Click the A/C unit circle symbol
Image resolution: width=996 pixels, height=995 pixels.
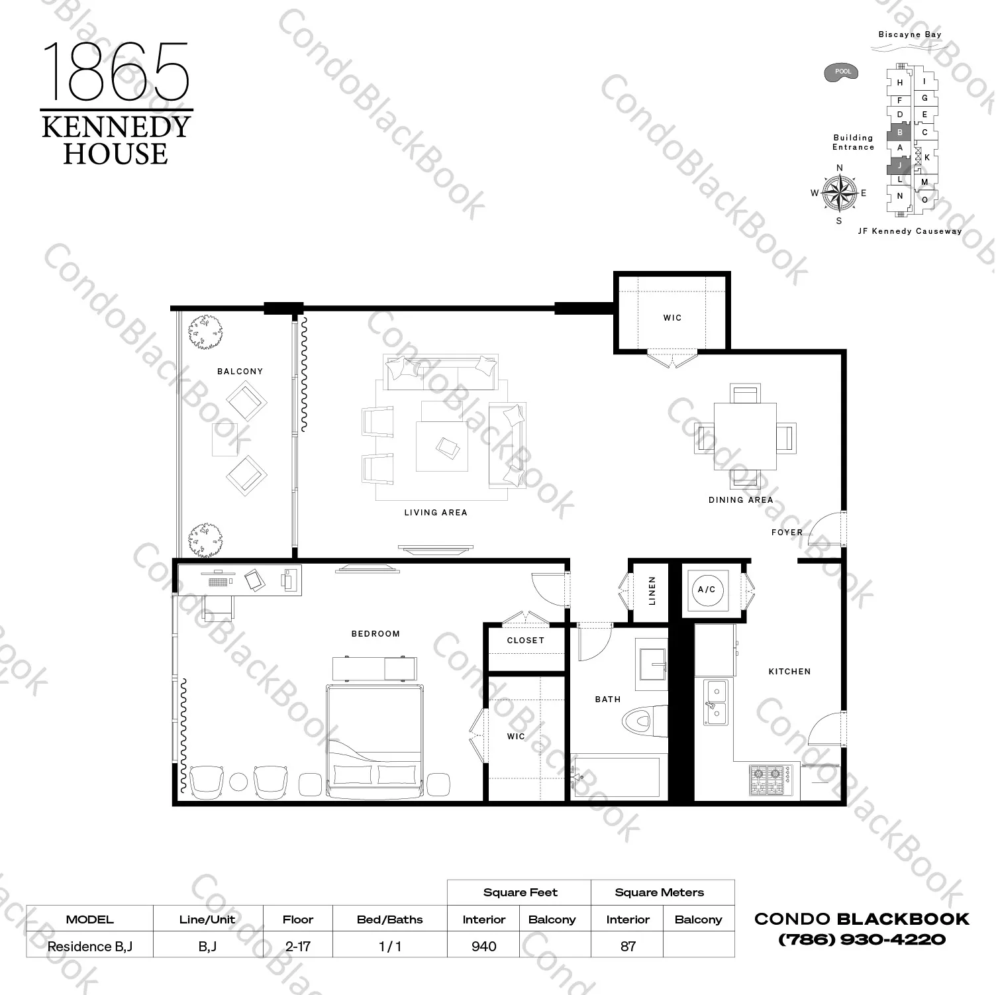(x=707, y=590)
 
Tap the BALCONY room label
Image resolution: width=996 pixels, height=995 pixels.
(x=240, y=372)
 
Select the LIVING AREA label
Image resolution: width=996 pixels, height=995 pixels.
(x=436, y=512)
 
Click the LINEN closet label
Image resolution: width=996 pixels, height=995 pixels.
(x=652, y=591)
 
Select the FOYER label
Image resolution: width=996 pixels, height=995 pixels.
(x=787, y=532)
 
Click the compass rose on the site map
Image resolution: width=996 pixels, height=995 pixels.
(x=839, y=193)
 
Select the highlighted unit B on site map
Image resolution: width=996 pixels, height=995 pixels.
(x=899, y=132)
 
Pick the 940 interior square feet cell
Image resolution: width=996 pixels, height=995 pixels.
(x=484, y=946)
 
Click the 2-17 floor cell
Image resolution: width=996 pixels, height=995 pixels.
(x=298, y=946)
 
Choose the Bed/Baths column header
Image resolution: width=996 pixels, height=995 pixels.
(x=389, y=919)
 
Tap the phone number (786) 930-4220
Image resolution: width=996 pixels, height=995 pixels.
(x=862, y=939)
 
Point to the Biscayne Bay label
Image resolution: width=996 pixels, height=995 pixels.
(x=909, y=34)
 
